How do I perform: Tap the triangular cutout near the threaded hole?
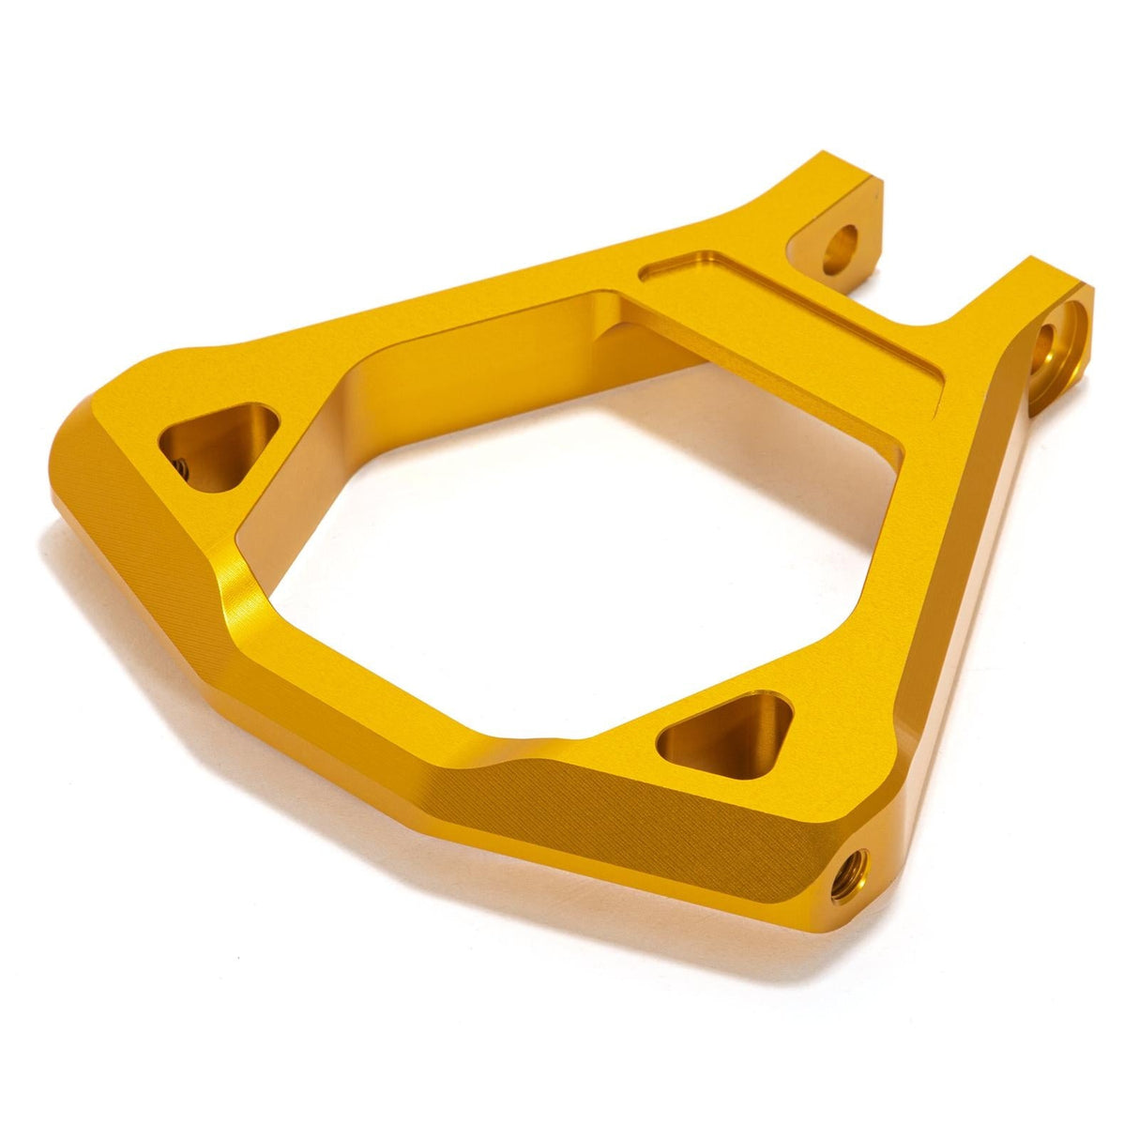pyautogui.click(x=725, y=730)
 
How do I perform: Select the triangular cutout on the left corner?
pyautogui.click(x=218, y=443)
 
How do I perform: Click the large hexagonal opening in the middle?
pyautogui.click(x=563, y=525)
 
